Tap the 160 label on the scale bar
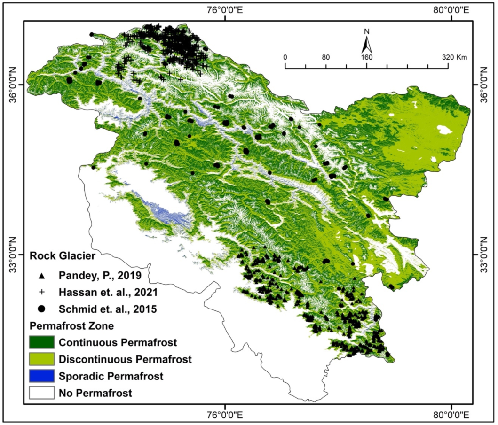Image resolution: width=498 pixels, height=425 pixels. [366, 57]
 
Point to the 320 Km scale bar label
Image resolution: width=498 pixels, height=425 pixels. [454, 57]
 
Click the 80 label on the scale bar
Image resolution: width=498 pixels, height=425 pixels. [326, 57]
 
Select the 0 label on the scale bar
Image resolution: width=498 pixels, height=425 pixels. [285, 57]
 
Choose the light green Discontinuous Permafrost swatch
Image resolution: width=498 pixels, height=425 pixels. [42, 359]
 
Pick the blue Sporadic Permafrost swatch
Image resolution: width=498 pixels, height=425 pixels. [42, 376]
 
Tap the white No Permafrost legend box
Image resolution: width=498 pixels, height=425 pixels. [42, 393]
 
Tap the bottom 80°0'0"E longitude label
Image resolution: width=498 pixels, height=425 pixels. [451, 415]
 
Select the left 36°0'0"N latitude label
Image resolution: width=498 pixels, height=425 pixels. [13, 85]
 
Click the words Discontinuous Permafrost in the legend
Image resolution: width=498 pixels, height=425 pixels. [126, 359]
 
